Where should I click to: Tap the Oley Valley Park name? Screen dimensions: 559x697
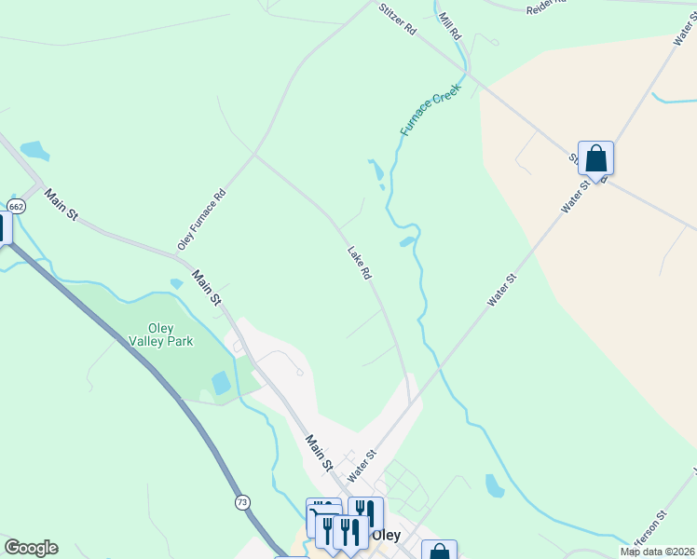[170, 334]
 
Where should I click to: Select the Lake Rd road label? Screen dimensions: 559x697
[360, 263]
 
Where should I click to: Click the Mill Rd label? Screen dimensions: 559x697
[450, 25]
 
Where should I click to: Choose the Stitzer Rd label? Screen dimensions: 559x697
[397, 18]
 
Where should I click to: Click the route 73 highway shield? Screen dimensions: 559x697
[242, 502]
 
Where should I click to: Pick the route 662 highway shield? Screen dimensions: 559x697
[16, 205]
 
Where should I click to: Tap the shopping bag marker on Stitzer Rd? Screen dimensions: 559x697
[595, 159]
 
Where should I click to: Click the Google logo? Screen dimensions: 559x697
[31, 548]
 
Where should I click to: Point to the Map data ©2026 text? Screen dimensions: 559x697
[657, 552]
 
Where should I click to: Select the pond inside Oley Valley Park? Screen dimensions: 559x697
[221, 383]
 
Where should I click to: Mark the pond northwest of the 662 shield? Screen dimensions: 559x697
[34, 149]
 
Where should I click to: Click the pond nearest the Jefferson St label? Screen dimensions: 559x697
[495, 485]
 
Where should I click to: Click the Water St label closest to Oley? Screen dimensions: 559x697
[361, 465]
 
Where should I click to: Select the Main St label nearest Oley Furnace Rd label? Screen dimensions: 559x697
[207, 287]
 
